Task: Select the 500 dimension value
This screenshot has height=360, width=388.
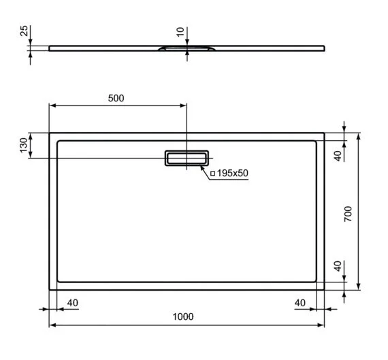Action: click(x=116, y=98)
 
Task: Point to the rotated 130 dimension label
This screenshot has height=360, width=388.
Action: click(x=23, y=145)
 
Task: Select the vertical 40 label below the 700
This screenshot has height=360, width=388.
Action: click(x=336, y=265)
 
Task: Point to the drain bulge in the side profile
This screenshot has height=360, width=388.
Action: click(x=187, y=49)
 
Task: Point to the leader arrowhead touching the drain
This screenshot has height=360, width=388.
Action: click(x=202, y=165)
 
